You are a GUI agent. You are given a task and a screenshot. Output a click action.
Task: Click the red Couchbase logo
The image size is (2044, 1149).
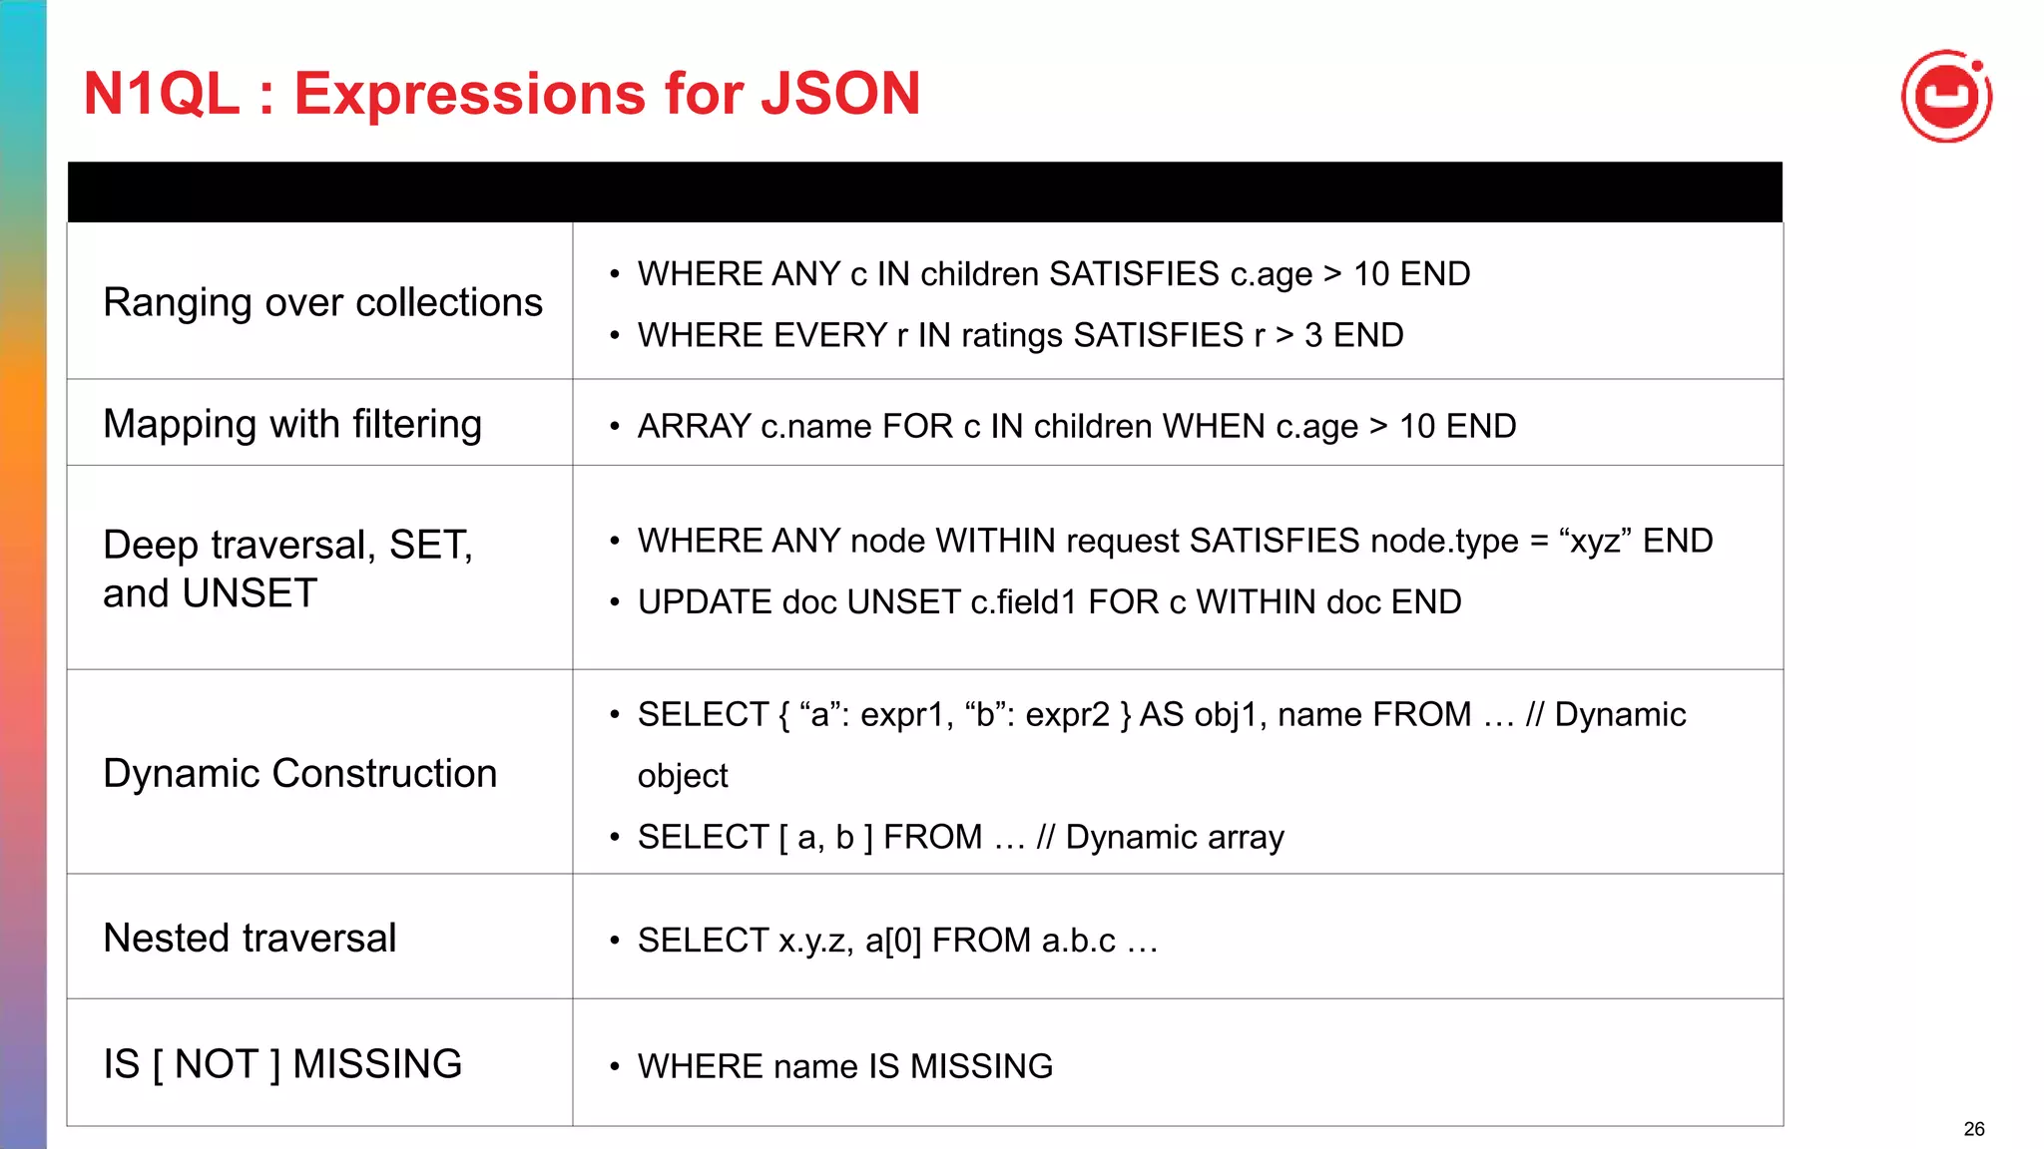1946,97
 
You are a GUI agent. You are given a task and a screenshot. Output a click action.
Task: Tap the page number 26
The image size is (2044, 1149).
1973,1129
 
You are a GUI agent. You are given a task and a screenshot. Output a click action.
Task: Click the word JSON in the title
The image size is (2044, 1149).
840,94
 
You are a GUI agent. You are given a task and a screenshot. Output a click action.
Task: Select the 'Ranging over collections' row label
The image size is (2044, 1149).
322,302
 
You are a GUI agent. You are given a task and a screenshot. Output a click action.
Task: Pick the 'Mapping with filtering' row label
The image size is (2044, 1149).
292,424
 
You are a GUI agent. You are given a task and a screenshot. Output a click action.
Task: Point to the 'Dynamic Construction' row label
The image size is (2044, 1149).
299,773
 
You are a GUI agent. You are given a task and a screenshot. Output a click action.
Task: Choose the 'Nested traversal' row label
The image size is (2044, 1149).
250,938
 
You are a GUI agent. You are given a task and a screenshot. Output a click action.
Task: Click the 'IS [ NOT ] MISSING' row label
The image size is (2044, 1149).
282,1064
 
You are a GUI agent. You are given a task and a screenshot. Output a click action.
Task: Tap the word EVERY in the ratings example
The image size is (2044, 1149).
829,335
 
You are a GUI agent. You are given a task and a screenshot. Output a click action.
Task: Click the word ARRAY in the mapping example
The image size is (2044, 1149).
694,426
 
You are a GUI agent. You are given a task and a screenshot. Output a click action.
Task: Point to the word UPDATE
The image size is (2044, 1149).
704,602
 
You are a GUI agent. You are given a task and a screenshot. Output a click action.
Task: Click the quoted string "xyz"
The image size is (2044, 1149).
1595,541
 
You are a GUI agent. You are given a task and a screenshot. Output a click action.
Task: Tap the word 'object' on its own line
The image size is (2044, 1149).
683,776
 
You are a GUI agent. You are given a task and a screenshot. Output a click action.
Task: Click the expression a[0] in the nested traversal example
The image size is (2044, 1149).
892,941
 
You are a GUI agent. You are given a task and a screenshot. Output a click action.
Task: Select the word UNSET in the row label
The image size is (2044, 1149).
250,594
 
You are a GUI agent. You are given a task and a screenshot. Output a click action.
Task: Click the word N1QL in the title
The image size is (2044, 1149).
162,94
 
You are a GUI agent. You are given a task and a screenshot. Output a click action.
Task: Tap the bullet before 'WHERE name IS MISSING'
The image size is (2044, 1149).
615,1066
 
